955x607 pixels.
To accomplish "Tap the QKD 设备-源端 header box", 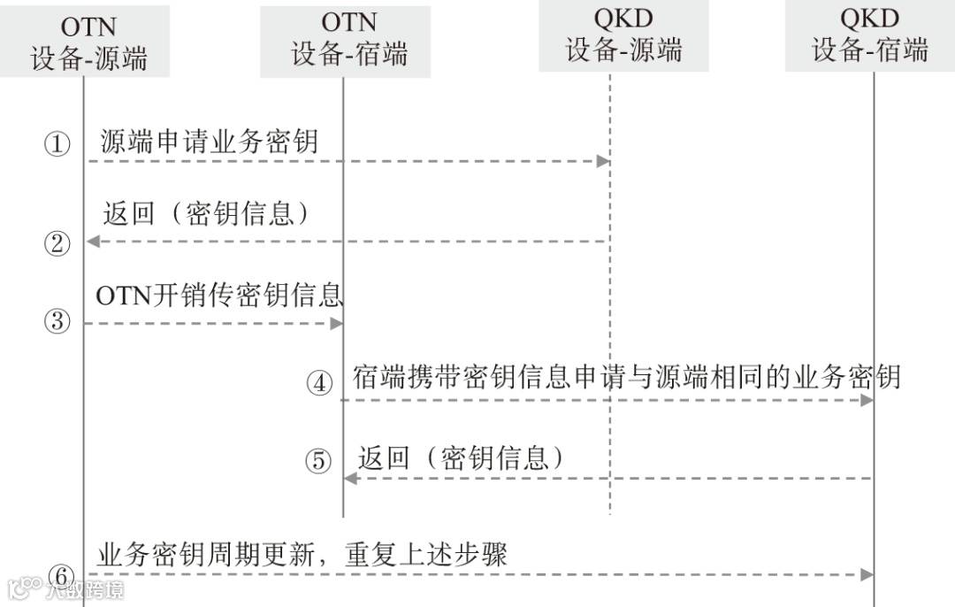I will [x=623, y=35].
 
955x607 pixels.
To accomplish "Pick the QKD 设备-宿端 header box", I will [x=869, y=35].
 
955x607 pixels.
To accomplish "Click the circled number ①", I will [x=57, y=144].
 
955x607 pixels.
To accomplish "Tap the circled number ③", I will [x=57, y=321].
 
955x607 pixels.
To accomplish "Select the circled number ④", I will [x=319, y=383].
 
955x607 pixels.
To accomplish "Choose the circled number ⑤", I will [x=318, y=461].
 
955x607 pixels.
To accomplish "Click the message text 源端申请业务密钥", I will [x=209, y=142].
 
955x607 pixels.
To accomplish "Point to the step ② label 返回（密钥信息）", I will [x=207, y=214].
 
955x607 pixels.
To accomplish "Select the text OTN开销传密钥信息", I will [x=218, y=296].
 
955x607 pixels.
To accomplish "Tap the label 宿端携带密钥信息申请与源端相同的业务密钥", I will [x=626, y=378].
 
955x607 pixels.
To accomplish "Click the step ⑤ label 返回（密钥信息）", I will [x=462, y=457].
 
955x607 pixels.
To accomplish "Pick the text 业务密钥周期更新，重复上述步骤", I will [x=302, y=555].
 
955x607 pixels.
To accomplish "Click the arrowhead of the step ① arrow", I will [x=603, y=161].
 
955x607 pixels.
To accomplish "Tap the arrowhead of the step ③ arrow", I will [x=337, y=324].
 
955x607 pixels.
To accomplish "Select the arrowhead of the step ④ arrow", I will [x=867, y=400].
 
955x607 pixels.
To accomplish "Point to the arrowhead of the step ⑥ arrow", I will [x=867, y=574].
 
